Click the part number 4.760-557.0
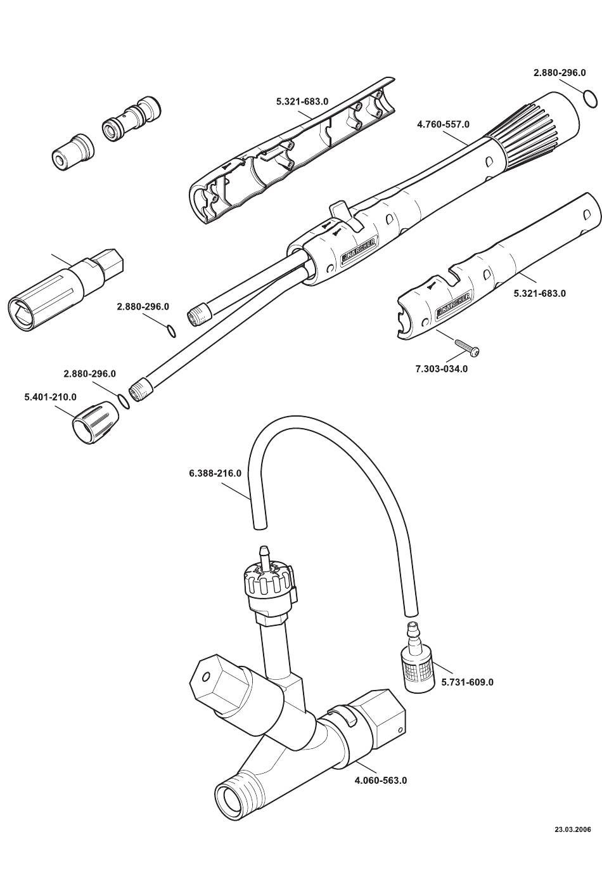click(x=443, y=124)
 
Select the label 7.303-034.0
click(x=442, y=368)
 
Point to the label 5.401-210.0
click(x=51, y=396)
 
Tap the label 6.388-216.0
click(x=215, y=473)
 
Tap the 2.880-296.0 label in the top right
click(x=559, y=73)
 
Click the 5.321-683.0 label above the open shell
click(x=302, y=101)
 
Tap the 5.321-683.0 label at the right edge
click(x=540, y=294)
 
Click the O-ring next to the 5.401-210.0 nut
click(x=124, y=401)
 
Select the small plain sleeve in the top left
click(x=73, y=153)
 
